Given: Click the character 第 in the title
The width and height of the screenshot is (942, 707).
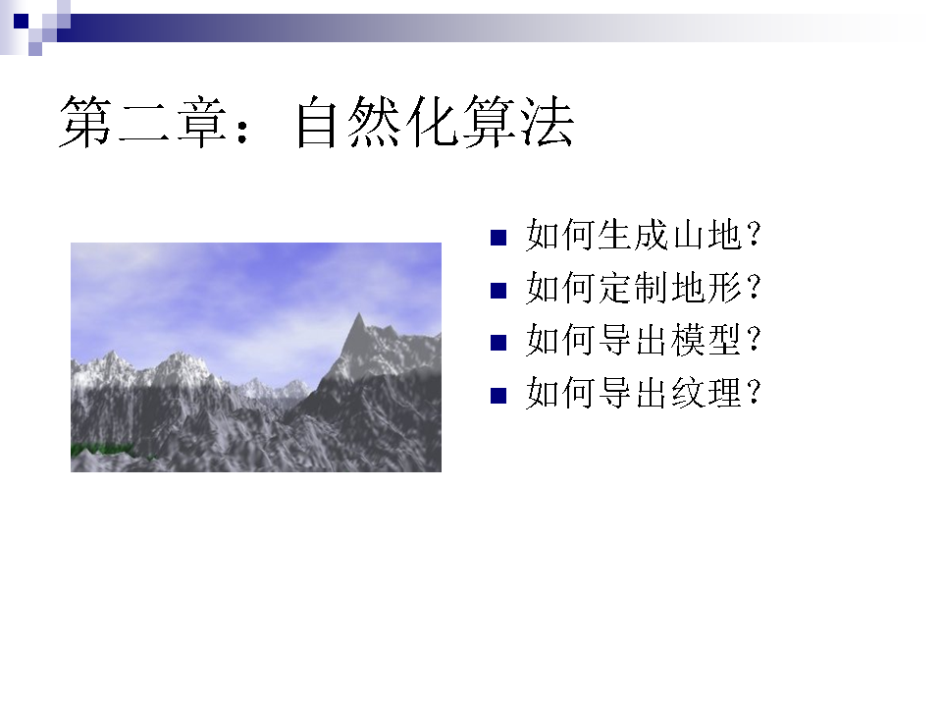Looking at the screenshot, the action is [x=86, y=122].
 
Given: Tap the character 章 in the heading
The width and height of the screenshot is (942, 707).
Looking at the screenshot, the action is [x=202, y=122].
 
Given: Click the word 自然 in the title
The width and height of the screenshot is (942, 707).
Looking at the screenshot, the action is [x=347, y=122].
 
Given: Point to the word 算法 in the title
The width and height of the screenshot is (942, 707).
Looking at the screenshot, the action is [x=518, y=122].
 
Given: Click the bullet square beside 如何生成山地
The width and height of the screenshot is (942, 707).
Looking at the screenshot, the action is [x=498, y=238].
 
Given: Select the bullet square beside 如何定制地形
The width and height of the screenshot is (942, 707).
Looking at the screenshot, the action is [x=498, y=291].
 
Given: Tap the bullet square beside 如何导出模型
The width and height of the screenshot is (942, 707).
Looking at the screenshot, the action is [x=498, y=343].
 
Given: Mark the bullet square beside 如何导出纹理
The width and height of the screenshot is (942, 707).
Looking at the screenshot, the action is [x=498, y=396].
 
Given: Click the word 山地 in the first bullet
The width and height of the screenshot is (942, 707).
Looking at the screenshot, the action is [x=706, y=235].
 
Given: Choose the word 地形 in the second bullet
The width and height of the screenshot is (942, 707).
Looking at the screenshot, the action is [x=706, y=288].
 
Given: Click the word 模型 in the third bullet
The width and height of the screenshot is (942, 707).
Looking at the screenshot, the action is [x=706, y=340].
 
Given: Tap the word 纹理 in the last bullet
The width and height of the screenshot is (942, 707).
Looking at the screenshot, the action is [x=706, y=393].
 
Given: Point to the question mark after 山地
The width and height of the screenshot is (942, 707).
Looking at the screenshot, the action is [x=754, y=235].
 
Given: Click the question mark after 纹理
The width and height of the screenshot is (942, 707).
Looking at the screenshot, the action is [x=754, y=393].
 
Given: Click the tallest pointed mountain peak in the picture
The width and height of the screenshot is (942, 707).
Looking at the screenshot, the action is [x=359, y=315].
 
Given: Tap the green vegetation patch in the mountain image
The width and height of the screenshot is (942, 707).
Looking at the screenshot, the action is [x=101, y=449].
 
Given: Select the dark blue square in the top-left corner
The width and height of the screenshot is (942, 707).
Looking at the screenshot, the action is [x=21, y=21].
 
